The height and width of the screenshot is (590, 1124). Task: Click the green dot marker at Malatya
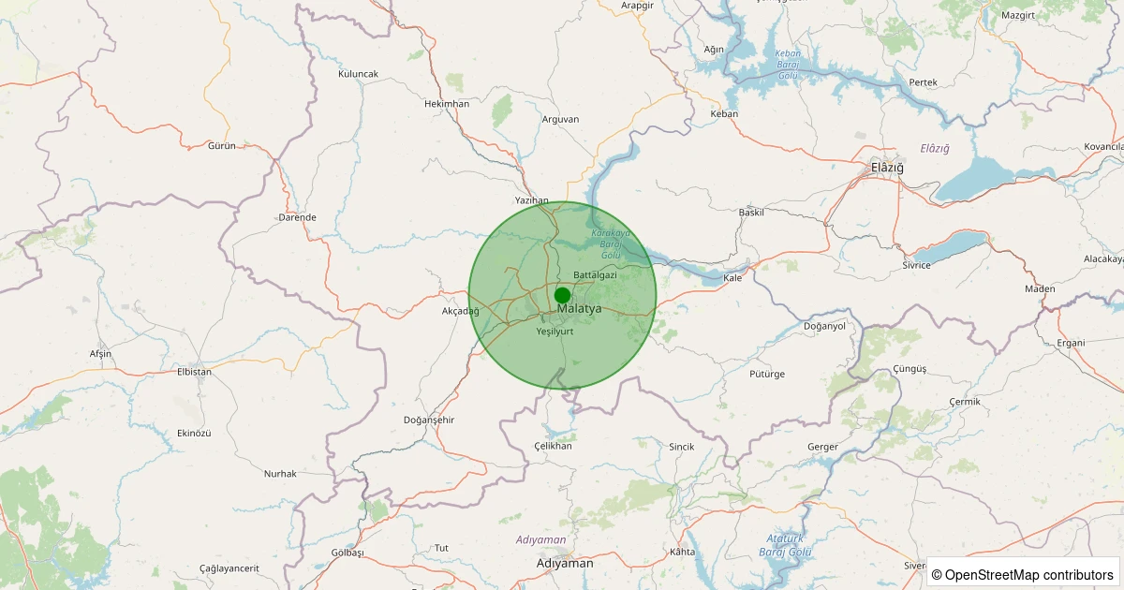(x=562, y=295)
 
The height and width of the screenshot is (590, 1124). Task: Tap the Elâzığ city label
(x=887, y=167)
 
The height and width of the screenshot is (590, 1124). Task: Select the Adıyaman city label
(x=565, y=563)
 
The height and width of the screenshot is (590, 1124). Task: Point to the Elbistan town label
(x=194, y=371)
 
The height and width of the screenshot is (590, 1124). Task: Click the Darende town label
(x=297, y=217)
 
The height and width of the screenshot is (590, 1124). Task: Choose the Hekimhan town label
(x=446, y=104)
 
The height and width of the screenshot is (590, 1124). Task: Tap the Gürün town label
(x=222, y=146)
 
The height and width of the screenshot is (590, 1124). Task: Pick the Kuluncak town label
(x=358, y=73)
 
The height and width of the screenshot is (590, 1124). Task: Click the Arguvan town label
(x=560, y=119)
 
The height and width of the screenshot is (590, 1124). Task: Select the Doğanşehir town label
(x=428, y=420)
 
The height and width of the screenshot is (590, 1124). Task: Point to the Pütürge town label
(x=767, y=374)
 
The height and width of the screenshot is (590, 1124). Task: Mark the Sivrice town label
(x=916, y=265)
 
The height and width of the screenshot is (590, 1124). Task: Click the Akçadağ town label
(x=460, y=311)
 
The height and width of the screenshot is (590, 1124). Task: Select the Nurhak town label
(x=279, y=474)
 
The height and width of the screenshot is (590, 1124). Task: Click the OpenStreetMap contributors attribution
(x=1023, y=574)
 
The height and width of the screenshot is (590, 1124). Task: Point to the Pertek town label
(x=923, y=82)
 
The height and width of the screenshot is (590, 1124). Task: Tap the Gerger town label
(x=822, y=447)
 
